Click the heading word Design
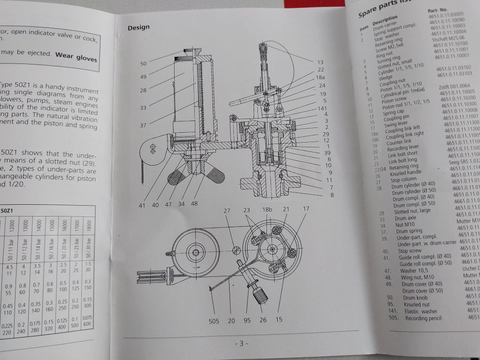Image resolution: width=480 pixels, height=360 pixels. coord(138,28)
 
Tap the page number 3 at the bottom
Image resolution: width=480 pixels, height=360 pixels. coord(241,344)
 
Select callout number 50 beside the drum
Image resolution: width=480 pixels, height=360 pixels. coord(144,64)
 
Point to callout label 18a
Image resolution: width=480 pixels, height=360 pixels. coord(320,77)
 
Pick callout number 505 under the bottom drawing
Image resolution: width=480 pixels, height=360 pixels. coord(214,321)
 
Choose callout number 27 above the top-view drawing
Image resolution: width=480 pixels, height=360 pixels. coord(227,211)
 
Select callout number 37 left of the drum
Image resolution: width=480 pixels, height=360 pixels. coord(143,125)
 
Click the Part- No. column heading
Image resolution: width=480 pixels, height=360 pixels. coord(438,11)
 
